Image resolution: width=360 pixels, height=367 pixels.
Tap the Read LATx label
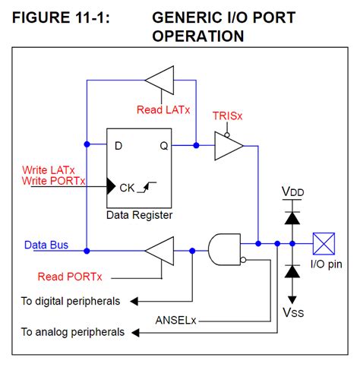(x=163, y=109)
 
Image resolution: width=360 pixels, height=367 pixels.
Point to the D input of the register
(x=118, y=144)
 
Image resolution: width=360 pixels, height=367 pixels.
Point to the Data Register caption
(x=139, y=215)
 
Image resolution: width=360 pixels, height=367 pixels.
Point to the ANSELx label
(x=176, y=319)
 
